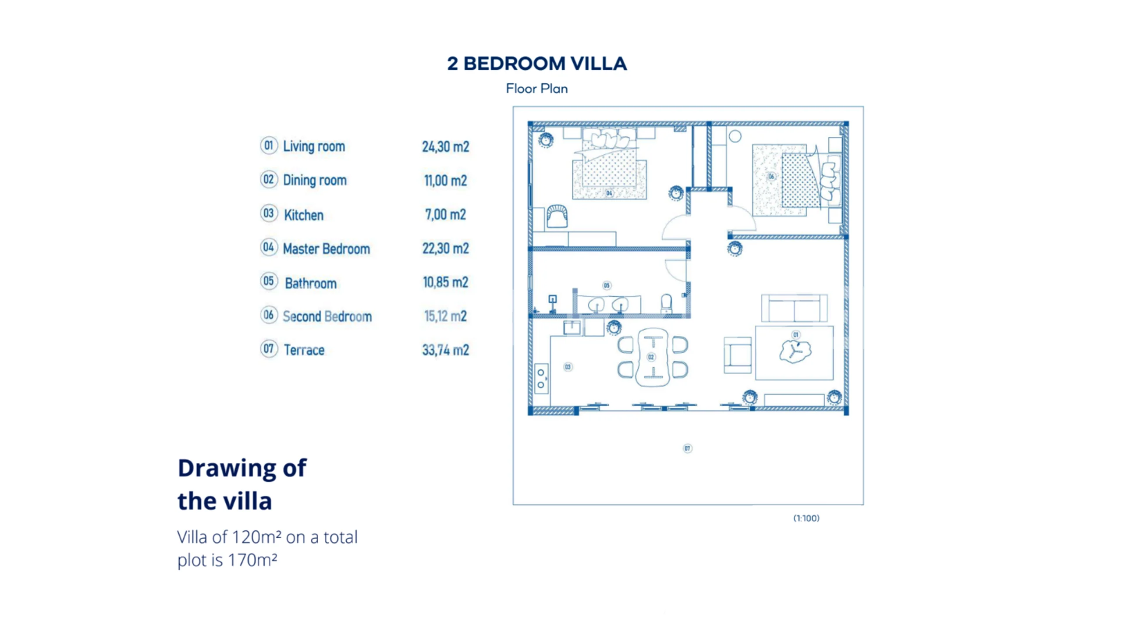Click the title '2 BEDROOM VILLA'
[x=537, y=64]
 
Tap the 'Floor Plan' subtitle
[x=537, y=89]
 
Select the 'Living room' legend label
[x=314, y=146]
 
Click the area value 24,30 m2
[x=445, y=146]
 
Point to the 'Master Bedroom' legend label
[x=327, y=249]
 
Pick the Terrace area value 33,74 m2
[x=445, y=350]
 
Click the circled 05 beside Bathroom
[x=269, y=281]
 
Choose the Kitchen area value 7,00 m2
[x=445, y=214]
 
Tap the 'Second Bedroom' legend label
[x=327, y=316]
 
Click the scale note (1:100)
[x=806, y=518]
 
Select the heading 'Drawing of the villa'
[x=242, y=484]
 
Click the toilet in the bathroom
[x=666, y=303]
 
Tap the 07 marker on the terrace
[x=687, y=448]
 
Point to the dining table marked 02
[x=653, y=357]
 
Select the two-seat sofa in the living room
[x=794, y=308]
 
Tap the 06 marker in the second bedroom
[x=771, y=176]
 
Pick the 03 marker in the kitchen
[x=568, y=367]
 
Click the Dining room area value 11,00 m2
[x=445, y=181]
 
